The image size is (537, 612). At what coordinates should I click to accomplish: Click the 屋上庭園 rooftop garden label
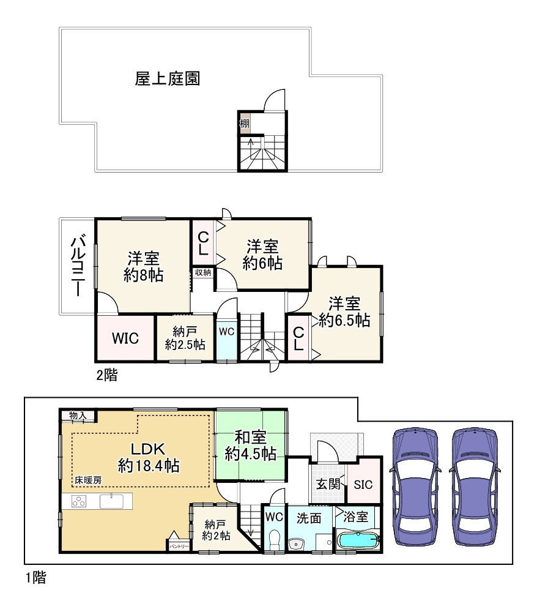[168, 79]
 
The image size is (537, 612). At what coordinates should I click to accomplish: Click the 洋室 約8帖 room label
[143, 266]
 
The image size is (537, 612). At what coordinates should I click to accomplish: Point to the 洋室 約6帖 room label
[262, 255]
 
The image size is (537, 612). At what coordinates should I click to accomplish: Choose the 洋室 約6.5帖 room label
[344, 312]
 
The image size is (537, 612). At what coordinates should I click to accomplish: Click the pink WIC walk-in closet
[125, 338]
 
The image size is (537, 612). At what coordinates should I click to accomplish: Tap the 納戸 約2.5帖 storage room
[185, 338]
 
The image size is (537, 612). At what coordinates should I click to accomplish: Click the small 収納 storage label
[203, 273]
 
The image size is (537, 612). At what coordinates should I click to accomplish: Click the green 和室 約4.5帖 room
[250, 446]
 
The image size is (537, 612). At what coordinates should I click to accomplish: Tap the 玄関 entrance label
[327, 483]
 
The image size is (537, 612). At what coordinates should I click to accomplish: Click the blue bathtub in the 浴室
[358, 540]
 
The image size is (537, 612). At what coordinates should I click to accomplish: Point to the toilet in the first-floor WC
[275, 539]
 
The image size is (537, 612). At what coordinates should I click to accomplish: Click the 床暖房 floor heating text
[88, 480]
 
